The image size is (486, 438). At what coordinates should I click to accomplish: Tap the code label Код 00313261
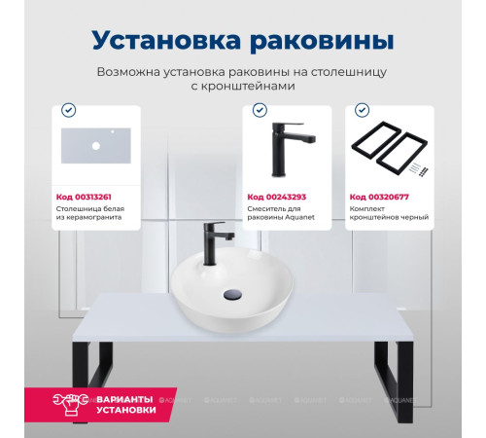(x=84, y=196)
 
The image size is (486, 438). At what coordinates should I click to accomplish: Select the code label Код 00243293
(x=275, y=196)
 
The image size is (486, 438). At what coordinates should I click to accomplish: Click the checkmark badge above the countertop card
(x=67, y=110)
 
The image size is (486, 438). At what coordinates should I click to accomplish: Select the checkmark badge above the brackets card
(x=362, y=110)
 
